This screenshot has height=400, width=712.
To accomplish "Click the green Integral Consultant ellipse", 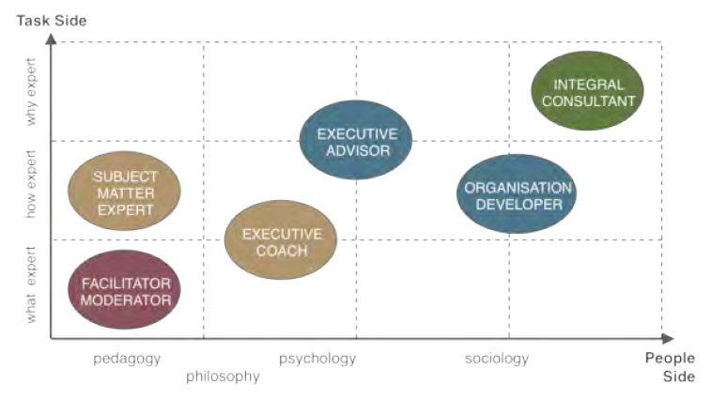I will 588,91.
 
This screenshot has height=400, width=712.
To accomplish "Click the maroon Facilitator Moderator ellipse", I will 125,292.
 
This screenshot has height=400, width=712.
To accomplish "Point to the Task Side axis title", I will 52,20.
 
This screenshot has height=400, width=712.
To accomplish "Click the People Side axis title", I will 670,367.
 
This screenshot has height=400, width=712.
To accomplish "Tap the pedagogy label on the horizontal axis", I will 127,359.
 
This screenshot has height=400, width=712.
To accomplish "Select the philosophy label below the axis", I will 223,377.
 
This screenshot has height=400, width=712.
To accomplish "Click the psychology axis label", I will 317,359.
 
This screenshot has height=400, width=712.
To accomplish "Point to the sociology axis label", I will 497,359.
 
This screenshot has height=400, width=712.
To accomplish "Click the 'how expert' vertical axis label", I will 31,185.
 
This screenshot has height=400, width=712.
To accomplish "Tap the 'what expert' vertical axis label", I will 31,284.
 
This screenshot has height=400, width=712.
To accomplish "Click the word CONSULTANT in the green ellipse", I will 588,100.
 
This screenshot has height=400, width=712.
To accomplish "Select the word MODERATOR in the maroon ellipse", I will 125,300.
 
